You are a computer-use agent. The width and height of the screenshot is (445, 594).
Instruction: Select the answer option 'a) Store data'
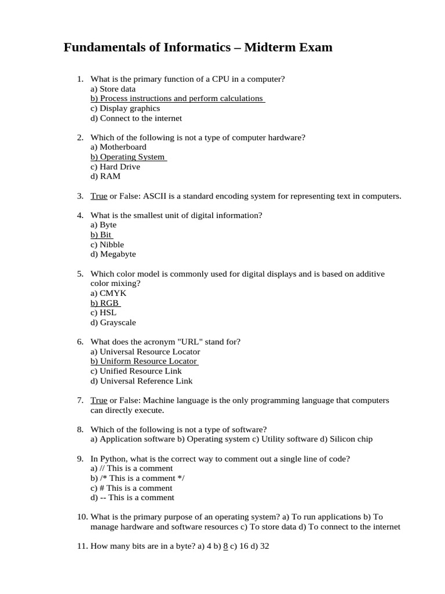[x=113, y=89]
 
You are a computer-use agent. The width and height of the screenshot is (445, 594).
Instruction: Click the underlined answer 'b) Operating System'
[x=127, y=157]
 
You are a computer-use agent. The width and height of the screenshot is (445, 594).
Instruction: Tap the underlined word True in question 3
[x=99, y=196]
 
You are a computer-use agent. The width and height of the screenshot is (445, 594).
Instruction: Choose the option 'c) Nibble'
[x=107, y=245]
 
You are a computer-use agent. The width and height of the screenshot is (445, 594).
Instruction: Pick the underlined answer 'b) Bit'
[x=101, y=235]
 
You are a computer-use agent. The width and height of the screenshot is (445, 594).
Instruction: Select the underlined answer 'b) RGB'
[x=105, y=303]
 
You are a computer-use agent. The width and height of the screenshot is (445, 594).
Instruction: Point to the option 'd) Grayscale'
[x=113, y=323]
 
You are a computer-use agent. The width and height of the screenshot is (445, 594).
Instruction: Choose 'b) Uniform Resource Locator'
[x=144, y=361]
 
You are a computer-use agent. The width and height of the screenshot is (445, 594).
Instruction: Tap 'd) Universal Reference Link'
[x=141, y=381]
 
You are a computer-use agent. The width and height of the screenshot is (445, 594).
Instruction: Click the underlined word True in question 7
[x=99, y=400]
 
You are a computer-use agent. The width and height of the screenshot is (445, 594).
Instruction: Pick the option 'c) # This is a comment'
[x=132, y=488]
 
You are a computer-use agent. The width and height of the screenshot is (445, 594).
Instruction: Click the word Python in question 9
[x=112, y=459]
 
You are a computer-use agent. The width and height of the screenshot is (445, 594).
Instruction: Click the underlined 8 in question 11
[x=225, y=546]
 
